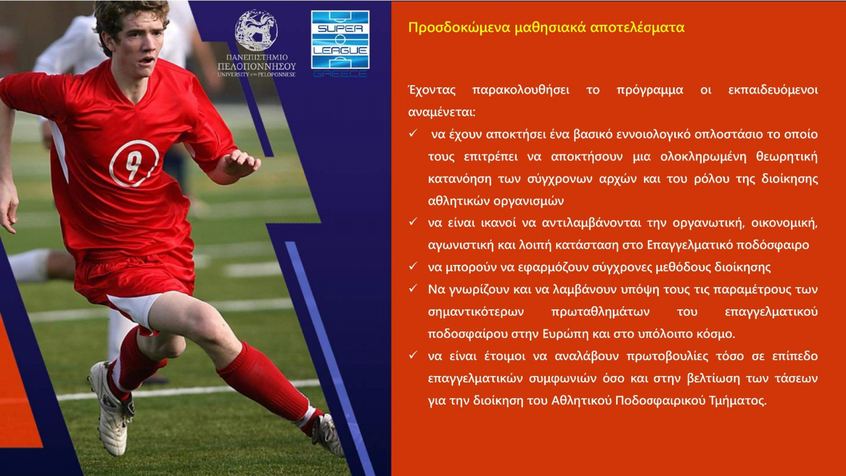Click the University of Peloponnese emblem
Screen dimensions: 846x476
pyautogui.click(x=256, y=30)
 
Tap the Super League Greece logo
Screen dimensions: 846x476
pyautogui.click(x=340, y=44)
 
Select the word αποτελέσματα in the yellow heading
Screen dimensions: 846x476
pyautogui.click(x=637, y=27)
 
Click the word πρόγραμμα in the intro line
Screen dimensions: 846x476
pyautogui.click(x=650, y=90)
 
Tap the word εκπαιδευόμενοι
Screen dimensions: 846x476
pyautogui.click(x=773, y=90)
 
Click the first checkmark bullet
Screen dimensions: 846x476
pyautogui.click(x=413, y=133)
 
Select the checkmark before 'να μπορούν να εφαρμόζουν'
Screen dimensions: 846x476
pyautogui.click(x=413, y=266)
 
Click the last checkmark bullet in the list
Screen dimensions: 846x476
pyautogui.click(x=413, y=355)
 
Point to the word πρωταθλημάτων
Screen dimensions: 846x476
pyautogui.click(x=600, y=312)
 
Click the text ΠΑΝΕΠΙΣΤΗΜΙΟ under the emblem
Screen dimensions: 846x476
pyautogui.click(x=257, y=57)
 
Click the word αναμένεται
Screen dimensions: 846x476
pyautogui.click(x=442, y=112)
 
